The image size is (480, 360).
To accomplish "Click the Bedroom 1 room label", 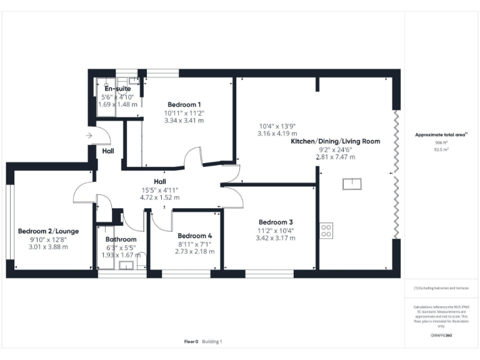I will click(184, 104).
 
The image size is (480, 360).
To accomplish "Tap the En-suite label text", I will click(117, 89).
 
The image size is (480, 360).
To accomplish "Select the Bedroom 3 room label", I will click(276, 222).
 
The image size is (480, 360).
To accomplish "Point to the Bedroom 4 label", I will click(194, 236).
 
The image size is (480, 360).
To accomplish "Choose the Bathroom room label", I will click(121, 239).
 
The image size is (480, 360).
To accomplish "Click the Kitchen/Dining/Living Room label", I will click(336, 141).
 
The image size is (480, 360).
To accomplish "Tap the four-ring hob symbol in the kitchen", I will click(326, 230).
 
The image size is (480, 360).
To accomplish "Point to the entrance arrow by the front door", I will click(89, 135).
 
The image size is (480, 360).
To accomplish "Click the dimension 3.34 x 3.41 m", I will click(184, 121).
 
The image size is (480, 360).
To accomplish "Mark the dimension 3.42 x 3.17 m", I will click(276, 238).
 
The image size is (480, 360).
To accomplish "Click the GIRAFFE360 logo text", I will click(441, 336).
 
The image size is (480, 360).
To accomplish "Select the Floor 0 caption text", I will click(191, 341).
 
